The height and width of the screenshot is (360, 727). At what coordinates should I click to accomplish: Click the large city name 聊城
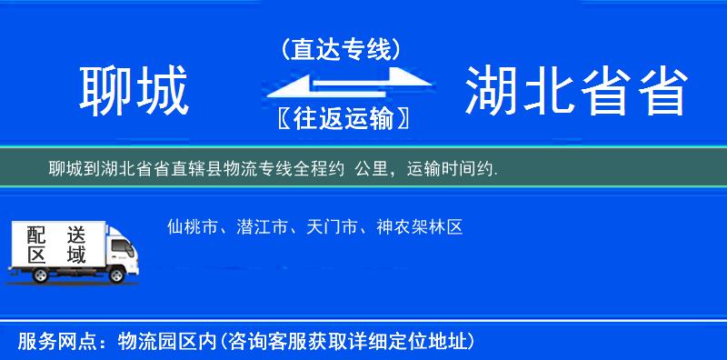click(134, 92)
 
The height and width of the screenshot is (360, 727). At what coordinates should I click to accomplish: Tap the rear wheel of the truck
click(41, 275)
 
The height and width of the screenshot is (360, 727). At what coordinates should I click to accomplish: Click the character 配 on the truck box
click(35, 235)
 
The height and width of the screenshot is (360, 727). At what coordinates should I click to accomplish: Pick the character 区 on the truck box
click(35, 255)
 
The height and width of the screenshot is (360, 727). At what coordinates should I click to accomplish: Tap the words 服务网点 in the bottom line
click(45, 342)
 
